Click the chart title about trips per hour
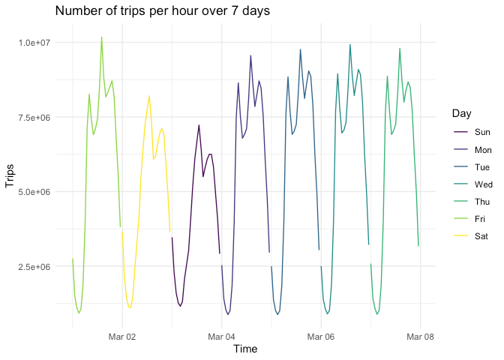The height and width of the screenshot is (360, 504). pos(163,11)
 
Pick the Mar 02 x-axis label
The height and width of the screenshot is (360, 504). pos(122,337)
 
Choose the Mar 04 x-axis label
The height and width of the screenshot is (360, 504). pos(222,337)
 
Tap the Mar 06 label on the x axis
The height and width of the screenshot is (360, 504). pos(321,337)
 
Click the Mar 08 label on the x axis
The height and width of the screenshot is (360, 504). pos(420,337)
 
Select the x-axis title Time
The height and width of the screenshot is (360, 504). pos(246,349)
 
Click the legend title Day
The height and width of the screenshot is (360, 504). pos(462,113)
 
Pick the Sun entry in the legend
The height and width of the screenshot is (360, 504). pos(473,132)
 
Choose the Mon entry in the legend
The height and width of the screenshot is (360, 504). pos(473,149)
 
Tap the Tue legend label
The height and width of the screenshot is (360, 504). pos(473,166)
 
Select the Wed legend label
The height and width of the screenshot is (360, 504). pos(473,184)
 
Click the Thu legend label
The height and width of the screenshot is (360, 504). pos(473,201)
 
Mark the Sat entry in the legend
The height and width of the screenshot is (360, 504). pos(473,235)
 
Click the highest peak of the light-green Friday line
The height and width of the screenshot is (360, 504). pos(101,37)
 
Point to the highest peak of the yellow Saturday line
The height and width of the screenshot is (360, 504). pos(149,96)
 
